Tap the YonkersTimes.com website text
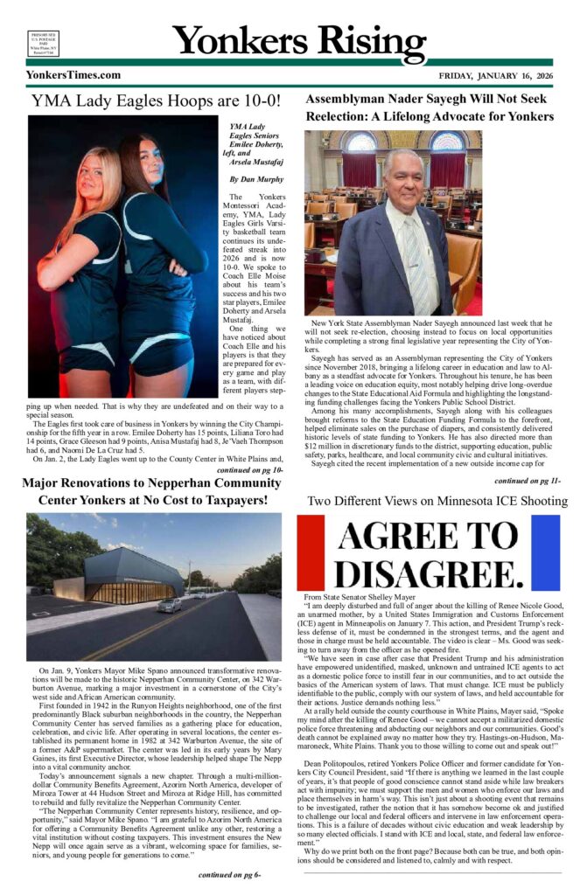tap(73, 75)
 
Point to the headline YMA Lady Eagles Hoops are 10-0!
tap(156, 101)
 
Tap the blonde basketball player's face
tap(90, 175)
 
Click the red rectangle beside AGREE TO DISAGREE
tap(311, 552)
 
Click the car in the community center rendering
tap(169, 605)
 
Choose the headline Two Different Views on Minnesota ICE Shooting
tap(429, 501)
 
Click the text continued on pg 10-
tap(249, 469)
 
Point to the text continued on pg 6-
tap(228, 873)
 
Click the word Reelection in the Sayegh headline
tap(344, 117)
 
